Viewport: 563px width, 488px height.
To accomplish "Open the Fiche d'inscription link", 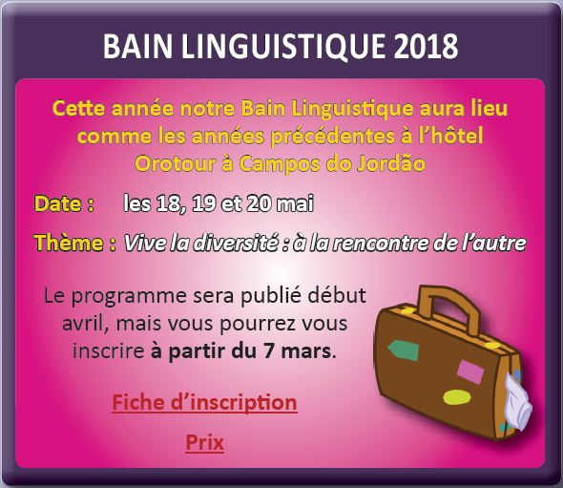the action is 204,402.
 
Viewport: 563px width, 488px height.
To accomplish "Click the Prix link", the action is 204,442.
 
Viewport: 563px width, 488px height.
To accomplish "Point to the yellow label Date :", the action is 64,203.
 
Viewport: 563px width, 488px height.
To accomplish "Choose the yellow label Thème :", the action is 74,243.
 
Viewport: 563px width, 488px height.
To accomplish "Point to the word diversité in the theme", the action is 231,243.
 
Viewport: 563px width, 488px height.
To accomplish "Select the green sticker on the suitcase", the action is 404,350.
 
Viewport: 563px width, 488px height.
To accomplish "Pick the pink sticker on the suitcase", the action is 470,371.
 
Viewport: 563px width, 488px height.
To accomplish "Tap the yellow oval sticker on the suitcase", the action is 457,397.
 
